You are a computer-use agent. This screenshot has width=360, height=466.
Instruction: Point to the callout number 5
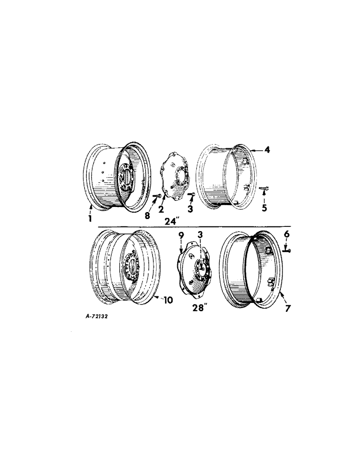coord(264,208)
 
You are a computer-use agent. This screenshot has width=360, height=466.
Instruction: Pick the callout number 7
coord(287,308)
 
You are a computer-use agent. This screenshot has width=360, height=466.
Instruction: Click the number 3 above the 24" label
coord(190,209)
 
